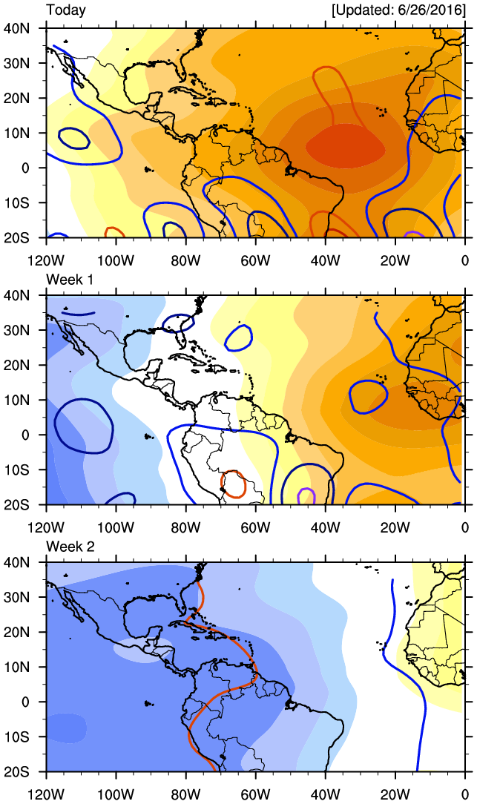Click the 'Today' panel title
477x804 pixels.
coord(66,10)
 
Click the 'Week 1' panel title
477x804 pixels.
coord(70,278)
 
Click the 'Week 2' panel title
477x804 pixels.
coord(70,546)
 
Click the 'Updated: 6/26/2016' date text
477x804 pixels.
coord(399,10)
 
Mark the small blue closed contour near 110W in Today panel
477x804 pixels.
coord(73,138)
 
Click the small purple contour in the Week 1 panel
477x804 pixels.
coord(304,496)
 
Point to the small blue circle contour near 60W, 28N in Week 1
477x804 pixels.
coord(239,337)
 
